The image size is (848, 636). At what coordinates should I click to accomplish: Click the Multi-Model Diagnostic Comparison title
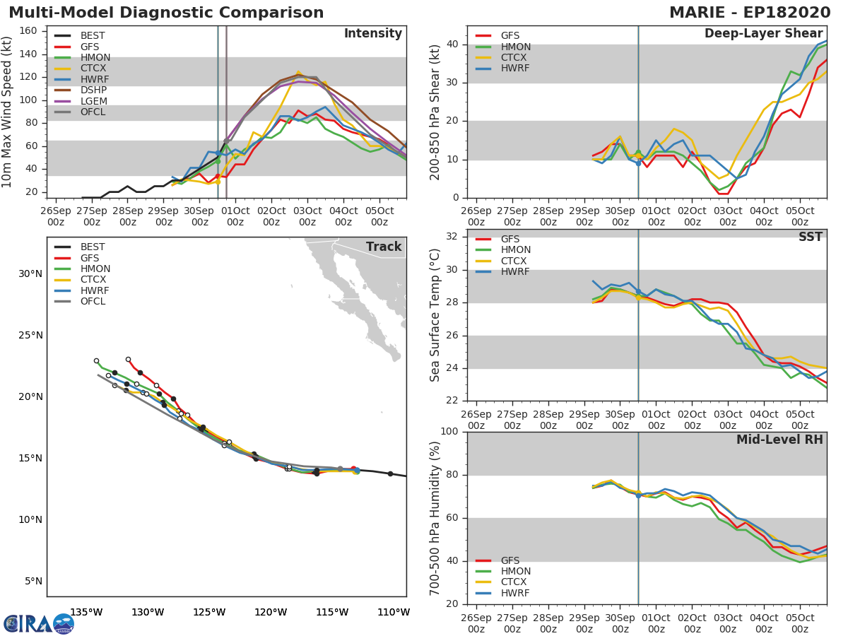(166, 13)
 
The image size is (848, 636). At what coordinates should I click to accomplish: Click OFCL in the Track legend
(93, 302)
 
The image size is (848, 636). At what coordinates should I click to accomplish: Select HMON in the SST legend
(515, 250)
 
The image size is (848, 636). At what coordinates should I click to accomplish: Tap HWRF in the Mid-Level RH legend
(515, 594)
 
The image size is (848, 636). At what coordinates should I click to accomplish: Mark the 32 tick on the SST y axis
(452, 237)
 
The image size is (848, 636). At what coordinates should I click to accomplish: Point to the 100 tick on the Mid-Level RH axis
(449, 432)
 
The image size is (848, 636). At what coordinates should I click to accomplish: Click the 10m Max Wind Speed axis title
(8, 112)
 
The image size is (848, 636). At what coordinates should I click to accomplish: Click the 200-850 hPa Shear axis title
(435, 112)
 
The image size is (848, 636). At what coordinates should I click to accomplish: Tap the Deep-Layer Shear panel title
(763, 34)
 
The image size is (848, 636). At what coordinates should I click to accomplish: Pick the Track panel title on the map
(384, 247)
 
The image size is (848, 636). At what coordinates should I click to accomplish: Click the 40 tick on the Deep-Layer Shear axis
(452, 45)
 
